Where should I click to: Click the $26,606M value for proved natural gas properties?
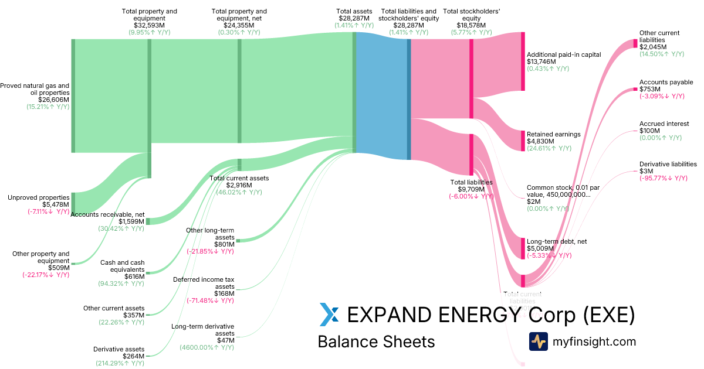tap(53, 100)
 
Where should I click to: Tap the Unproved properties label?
tap(39, 197)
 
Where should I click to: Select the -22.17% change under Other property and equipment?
tap(46, 275)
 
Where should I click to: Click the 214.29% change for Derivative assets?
tap(120, 363)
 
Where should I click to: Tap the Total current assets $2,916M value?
tap(239, 185)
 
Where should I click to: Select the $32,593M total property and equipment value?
tap(149, 25)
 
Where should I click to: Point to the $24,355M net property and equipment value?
tap(239, 25)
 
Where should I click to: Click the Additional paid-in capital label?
tap(564, 54)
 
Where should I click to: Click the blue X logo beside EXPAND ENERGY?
tap(329, 315)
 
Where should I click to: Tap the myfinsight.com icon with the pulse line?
tap(538, 341)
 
